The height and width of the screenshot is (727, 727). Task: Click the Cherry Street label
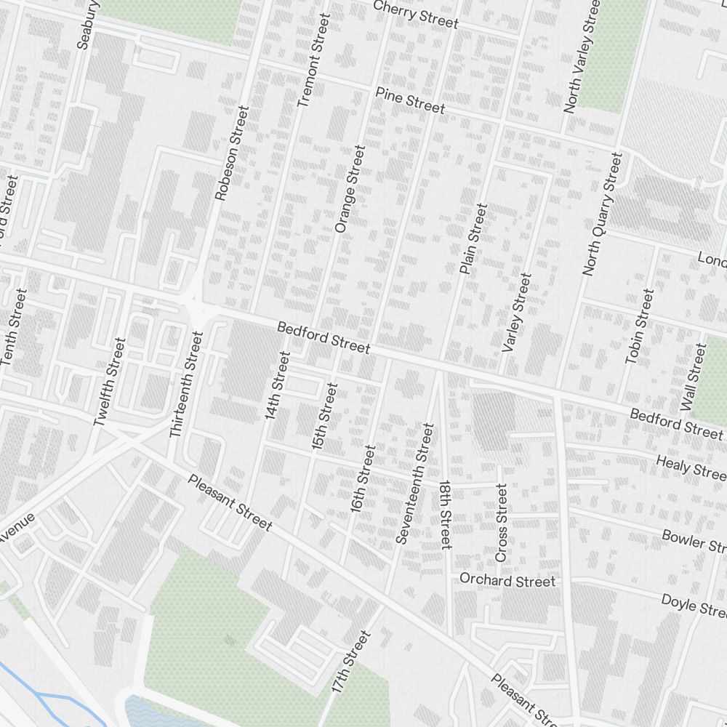click(x=416, y=15)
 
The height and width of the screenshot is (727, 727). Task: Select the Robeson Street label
click(x=232, y=153)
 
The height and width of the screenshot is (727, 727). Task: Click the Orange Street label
click(x=349, y=189)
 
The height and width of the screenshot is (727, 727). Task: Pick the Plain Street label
click(x=473, y=239)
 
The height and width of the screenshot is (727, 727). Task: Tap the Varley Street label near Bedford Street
click(x=517, y=313)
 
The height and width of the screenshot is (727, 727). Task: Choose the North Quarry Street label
click(x=603, y=214)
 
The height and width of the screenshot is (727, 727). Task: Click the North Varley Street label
click(x=582, y=55)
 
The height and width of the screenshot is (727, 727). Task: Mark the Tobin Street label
click(x=640, y=326)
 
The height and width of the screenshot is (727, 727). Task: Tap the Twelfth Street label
click(x=110, y=382)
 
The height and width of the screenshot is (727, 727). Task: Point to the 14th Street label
click(x=278, y=386)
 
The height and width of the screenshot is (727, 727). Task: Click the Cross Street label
click(x=501, y=523)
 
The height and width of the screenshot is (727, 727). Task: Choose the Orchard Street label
click(x=507, y=580)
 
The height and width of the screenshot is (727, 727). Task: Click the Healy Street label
click(x=690, y=467)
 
